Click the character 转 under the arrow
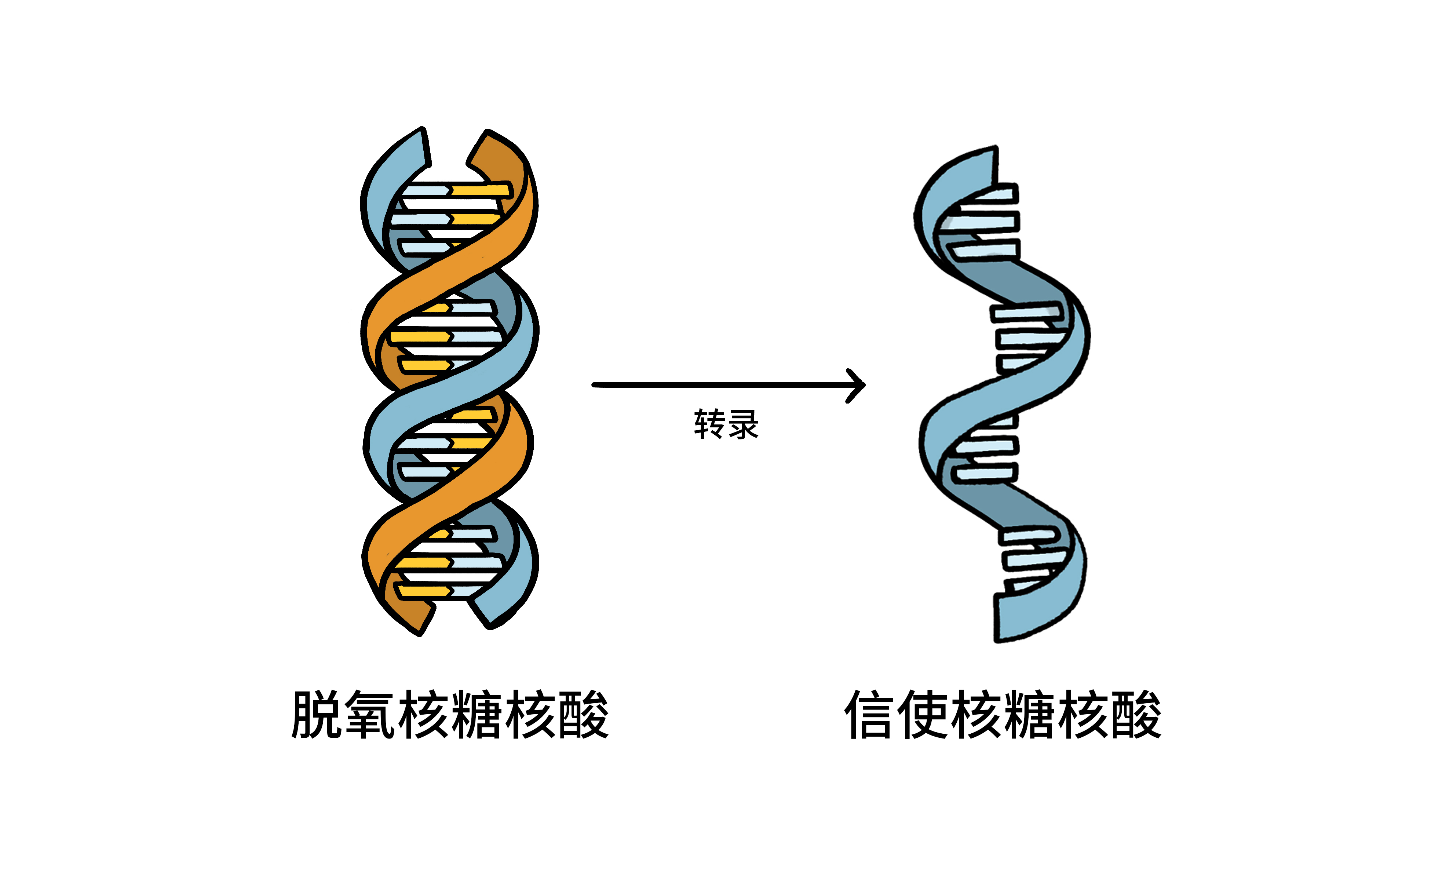pos(709,424)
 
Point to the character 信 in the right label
pos(870,715)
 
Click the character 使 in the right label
pos(923,715)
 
